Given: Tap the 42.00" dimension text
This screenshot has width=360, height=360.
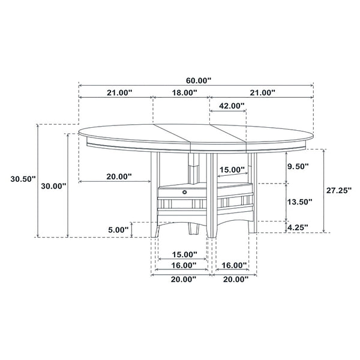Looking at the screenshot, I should pyautogui.click(x=232, y=106).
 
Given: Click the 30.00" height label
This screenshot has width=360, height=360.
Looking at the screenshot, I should pyautogui.click(x=53, y=186).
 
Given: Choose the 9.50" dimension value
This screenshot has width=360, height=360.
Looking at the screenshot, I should pyautogui.click(x=298, y=166).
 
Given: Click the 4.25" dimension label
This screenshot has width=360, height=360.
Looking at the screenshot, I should pyautogui.click(x=298, y=227).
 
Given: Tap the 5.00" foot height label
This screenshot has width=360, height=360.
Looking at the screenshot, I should pyautogui.click(x=118, y=229).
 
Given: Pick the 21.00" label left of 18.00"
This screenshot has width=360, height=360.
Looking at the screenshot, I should pyautogui.click(x=119, y=92).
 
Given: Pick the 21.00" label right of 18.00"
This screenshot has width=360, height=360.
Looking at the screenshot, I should pyautogui.click(x=262, y=92).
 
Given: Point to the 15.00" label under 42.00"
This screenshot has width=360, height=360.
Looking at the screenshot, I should pyautogui.click(x=232, y=170).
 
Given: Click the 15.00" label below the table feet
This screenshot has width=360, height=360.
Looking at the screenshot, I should pyautogui.click(x=183, y=254).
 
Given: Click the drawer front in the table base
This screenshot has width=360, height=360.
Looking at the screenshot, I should pyautogui.click(x=180, y=192).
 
